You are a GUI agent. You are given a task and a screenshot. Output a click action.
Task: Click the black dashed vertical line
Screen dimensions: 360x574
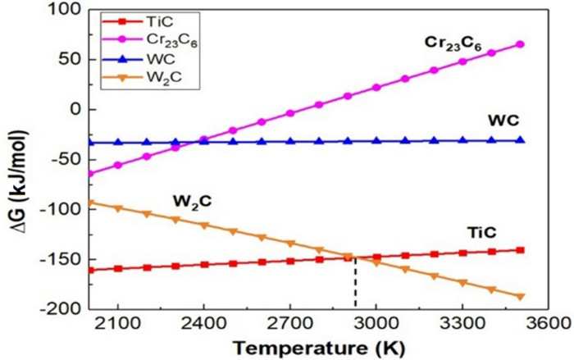click(355, 283)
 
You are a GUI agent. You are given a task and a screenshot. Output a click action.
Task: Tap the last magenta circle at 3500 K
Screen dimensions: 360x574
click(520, 44)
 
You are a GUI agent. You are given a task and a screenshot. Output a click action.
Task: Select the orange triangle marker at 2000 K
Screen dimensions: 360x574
click(90, 203)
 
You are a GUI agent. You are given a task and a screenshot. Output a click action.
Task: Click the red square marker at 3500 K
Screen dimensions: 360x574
click(520, 250)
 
